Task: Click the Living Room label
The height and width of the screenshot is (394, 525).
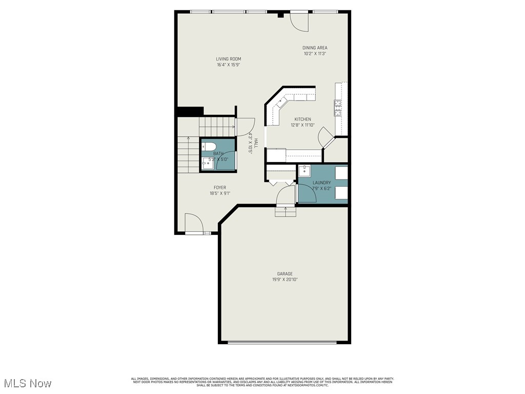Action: tap(228, 59)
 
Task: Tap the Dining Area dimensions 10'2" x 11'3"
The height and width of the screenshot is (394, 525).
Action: tap(315, 53)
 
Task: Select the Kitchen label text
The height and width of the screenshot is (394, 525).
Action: tap(302, 119)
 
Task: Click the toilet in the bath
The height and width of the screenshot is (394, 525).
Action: tap(207, 147)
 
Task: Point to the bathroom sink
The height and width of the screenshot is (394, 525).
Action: tap(208, 163)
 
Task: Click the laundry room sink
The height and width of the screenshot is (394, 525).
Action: tap(304, 170)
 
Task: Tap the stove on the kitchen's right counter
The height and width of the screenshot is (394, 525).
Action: tap(338, 108)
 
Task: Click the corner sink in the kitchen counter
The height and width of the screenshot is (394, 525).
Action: tap(280, 102)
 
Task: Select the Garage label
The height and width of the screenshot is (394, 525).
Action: tap(285, 274)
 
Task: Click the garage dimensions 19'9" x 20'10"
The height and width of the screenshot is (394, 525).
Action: tap(285, 280)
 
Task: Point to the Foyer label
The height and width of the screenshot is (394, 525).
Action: tap(220, 188)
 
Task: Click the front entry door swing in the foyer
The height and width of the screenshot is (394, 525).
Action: tap(193, 224)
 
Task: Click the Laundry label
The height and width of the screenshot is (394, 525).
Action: tap(322, 183)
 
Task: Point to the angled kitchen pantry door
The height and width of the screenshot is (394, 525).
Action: tap(325, 137)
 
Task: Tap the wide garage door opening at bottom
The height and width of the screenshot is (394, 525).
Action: tap(282, 342)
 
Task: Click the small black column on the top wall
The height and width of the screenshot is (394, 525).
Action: tap(280, 15)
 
